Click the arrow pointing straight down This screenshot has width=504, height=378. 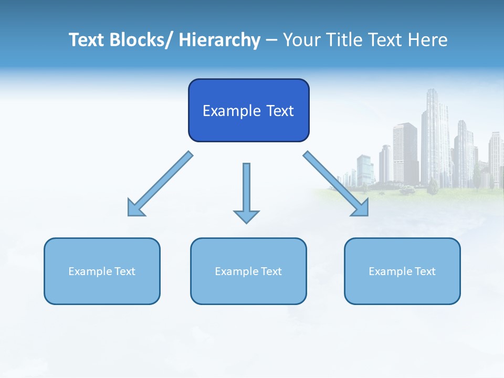(246, 192)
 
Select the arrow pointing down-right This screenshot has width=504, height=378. (336, 184)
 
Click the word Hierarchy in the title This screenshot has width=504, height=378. (219, 40)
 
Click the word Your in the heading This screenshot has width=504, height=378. (302, 40)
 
